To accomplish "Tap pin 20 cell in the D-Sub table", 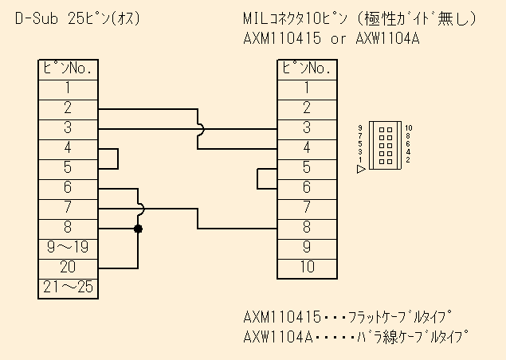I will (68, 268).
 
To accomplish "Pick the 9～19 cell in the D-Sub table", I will (68, 248).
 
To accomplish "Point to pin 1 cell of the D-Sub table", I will (68, 88).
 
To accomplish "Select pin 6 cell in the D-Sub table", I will (68, 188).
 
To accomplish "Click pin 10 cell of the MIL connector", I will (307, 268).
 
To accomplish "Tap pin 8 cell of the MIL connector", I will (307, 228).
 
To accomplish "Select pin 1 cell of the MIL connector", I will (307, 88).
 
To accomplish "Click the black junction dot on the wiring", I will (139, 229).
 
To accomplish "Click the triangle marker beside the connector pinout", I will (361, 169).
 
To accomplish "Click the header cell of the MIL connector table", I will (307, 68).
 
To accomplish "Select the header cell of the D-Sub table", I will (68, 68).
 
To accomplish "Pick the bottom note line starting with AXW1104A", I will (355, 337).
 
